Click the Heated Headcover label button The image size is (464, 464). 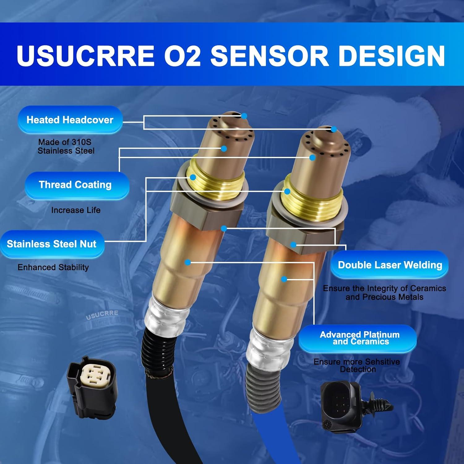[x=70, y=120]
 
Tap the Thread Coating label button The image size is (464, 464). [x=75, y=185]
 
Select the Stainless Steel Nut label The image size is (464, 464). [x=52, y=244]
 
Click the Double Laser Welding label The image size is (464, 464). [x=390, y=265]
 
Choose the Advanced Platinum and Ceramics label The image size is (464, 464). [x=359, y=338]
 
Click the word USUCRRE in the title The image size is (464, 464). [x=86, y=56]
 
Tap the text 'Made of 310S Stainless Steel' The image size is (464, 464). [x=66, y=146]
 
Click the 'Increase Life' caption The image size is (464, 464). [x=76, y=210]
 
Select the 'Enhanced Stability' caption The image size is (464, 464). [x=53, y=267]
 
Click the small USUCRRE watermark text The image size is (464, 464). [x=102, y=315]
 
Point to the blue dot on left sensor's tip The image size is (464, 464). [x=244, y=116]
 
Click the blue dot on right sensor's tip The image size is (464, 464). [x=333, y=129]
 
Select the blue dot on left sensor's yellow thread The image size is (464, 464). [x=193, y=177]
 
